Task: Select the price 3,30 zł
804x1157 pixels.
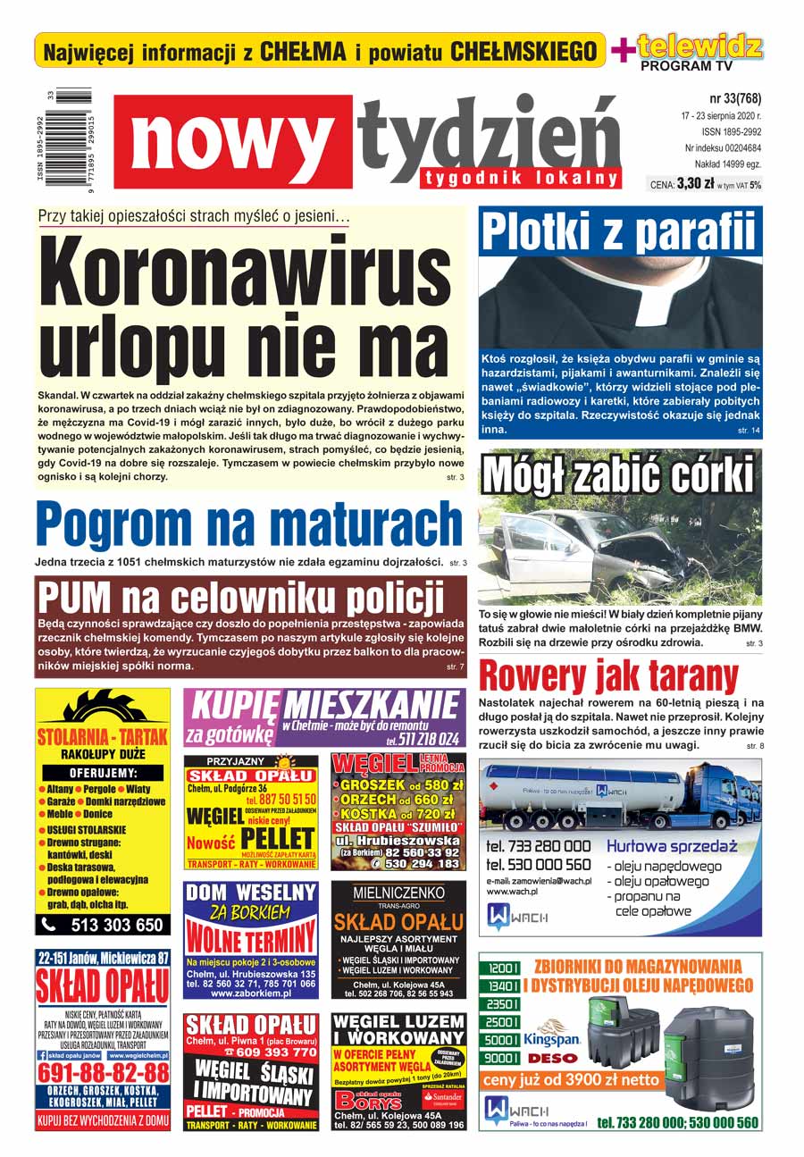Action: pyautogui.click(x=694, y=184)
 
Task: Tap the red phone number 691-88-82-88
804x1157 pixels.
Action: pyautogui.click(x=104, y=1071)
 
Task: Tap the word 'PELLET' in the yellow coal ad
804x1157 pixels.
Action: pyautogui.click(x=278, y=838)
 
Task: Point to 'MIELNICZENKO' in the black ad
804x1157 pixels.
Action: pyautogui.click(x=398, y=893)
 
